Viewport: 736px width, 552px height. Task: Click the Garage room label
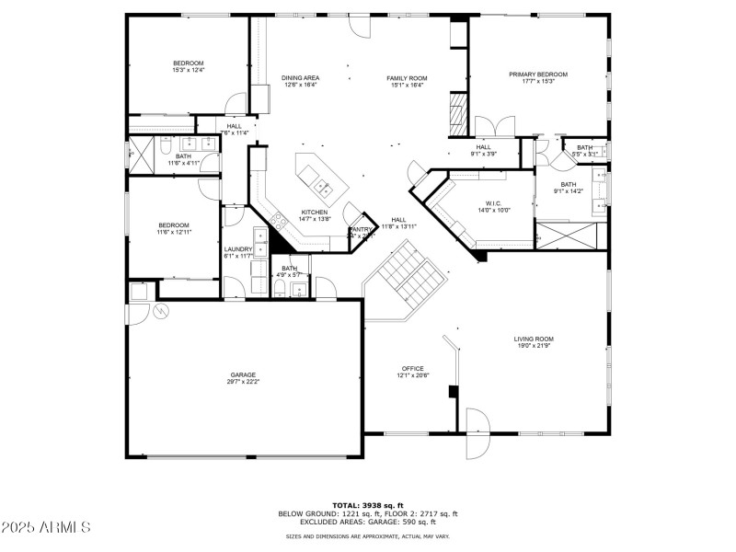coord(243,374)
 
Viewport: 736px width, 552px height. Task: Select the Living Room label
coord(533,339)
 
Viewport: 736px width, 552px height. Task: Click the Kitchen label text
coord(314,213)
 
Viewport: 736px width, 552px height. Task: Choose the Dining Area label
coord(300,78)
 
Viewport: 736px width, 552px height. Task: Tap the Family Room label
coord(407,78)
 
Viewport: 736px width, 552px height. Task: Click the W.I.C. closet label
coord(492,203)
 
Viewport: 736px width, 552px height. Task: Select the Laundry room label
coord(237,248)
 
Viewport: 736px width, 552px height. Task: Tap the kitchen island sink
coord(323,188)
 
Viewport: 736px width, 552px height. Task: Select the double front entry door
coord(477,432)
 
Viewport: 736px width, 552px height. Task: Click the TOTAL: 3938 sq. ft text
coord(367,506)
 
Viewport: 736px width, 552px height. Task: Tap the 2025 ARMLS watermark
coord(46,527)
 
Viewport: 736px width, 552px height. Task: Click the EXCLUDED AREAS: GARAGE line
coord(368,522)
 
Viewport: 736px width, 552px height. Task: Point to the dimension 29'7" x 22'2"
coord(243,381)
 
